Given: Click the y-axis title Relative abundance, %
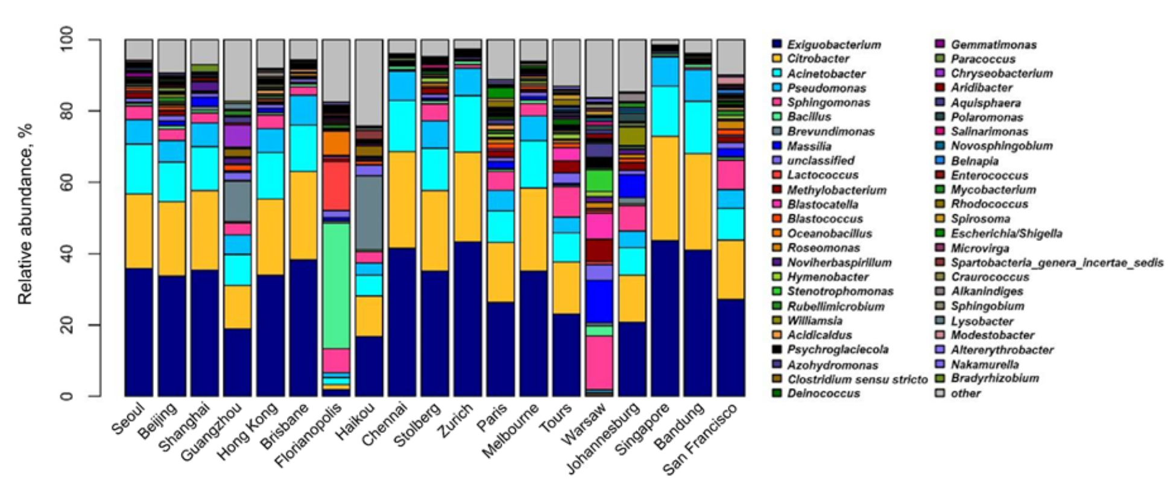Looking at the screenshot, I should [25, 214].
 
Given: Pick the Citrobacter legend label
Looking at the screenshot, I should [818, 59].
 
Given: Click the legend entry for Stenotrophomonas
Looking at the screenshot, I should [840, 292].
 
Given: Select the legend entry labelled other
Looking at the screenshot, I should [966, 394].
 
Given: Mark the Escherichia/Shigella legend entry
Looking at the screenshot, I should [1006, 234].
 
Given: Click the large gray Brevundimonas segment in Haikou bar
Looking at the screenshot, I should [369, 212].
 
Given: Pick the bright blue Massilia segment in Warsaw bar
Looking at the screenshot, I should [599, 301].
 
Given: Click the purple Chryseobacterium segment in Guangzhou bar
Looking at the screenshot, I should [238, 136].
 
